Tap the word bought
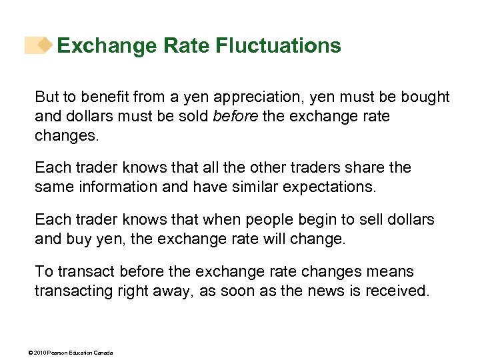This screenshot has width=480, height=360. pos(425,97)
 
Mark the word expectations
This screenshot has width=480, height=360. pos(329,187)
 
